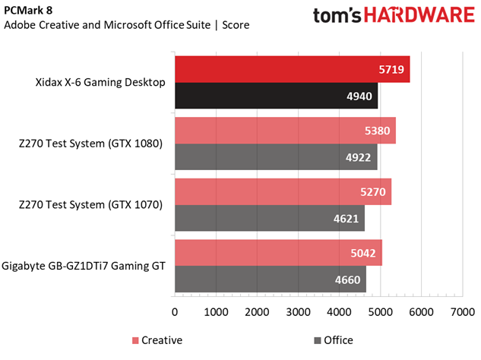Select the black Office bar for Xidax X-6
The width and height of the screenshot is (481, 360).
277,96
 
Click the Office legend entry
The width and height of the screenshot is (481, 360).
333,340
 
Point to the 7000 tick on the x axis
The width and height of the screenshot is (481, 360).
462,311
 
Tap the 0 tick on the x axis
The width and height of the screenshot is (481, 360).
176,311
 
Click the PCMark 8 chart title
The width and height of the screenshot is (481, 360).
33,9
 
